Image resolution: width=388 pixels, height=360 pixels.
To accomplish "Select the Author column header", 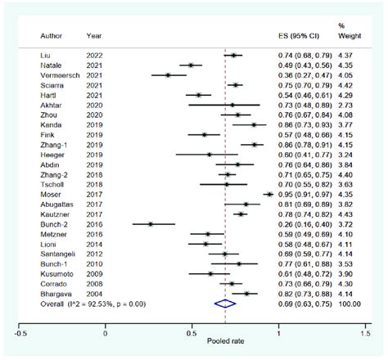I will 51,37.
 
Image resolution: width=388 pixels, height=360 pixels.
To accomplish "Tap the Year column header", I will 93,37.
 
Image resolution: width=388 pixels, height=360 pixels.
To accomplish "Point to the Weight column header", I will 349,37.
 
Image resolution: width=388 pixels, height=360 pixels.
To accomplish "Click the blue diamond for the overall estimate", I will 224,304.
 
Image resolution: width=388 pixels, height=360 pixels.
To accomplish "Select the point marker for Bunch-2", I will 150,223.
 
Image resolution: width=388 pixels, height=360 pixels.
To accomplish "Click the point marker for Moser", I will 268,194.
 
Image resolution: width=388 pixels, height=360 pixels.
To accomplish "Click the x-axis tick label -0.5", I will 20,332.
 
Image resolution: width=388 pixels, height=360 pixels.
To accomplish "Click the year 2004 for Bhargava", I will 94,293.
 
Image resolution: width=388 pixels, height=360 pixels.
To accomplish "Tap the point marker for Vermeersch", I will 169,74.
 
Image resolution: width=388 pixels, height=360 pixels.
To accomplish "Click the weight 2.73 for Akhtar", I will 349,105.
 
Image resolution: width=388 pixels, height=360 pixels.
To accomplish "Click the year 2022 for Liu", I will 94,55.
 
